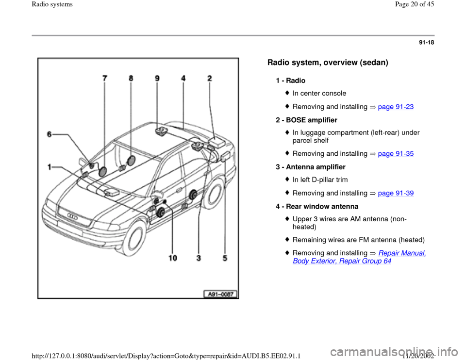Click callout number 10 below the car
click(x=173, y=258)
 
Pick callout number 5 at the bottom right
click(x=224, y=258)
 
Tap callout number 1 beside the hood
click(x=50, y=166)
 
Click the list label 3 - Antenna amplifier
click(x=310, y=166)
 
